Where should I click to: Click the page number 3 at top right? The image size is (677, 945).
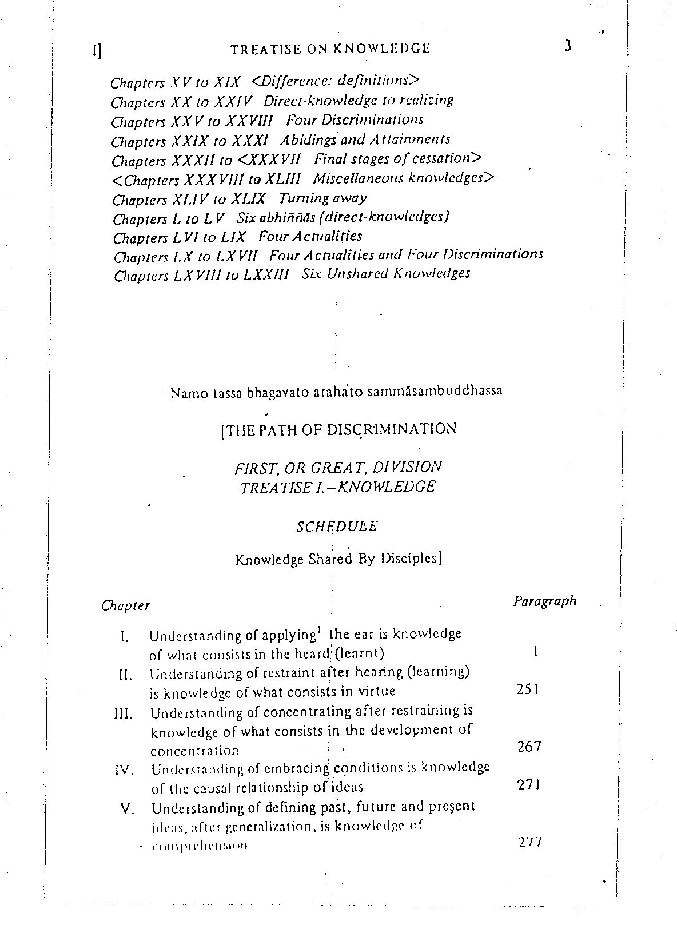(x=568, y=46)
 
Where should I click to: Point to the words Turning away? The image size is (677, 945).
(x=322, y=198)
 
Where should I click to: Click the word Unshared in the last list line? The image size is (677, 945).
(x=357, y=274)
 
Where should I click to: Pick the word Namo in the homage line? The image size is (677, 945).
(x=184, y=394)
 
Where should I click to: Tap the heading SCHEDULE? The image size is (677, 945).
(x=337, y=527)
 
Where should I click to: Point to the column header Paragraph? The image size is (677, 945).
(x=545, y=601)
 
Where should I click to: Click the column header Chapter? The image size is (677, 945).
(x=125, y=605)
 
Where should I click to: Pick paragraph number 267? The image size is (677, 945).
(x=529, y=746)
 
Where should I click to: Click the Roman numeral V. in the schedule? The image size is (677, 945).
(x=128, y=810)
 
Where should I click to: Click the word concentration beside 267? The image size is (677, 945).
(x=194, y=751)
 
